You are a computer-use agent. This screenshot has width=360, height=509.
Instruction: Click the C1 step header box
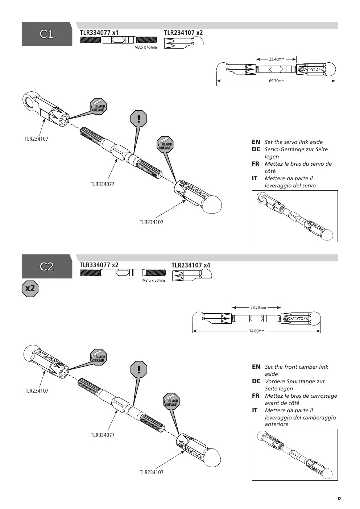pyautogui.click(x=47, y=34)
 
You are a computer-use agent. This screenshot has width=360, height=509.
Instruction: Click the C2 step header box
pyautogui.click(x=47, y=266)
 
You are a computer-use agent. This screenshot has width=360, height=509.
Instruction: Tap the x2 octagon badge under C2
pyautogui.click(x=30, y=289)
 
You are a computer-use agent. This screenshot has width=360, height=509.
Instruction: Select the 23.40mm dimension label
pyautogui.click(x=277, y=59)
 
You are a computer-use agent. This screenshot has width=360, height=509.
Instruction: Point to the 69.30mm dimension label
pyautogui.click(x=277, y=81)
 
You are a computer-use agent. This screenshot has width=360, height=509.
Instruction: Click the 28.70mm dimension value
pyautogui.click(x=258, y=307)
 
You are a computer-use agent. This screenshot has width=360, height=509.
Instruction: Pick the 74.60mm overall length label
pyautogui.click(x=257, y=331)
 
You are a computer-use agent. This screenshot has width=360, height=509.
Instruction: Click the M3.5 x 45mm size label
pyautogui.click(x=146, y=47)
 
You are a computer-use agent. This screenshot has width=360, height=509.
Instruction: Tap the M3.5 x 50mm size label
pyautogui.click(x=154, y=280)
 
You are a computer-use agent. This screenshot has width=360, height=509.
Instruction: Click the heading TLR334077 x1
pyautogui.click(x=99, y=33)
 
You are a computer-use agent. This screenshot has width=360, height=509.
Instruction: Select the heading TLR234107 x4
pyautogui.click(x=191, y=265)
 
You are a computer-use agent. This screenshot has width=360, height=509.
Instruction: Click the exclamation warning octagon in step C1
pyautogui.click(x=138, y=119)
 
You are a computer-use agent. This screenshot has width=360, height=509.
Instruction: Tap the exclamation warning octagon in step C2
pyautogui.click(x=139, y=369)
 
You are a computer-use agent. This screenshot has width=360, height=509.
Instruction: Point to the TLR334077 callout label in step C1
pyautogui.click(x=103, y=184)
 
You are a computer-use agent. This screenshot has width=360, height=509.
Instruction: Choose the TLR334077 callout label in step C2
pyautogui.click(x=103, y=435)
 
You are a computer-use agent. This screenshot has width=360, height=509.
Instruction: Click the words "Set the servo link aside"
pyautogui.click(x=294, y=142)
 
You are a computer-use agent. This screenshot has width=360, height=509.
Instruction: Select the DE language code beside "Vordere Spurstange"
pyautogui.click(x=256, y=381)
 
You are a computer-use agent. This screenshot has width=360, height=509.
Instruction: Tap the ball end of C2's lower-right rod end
pyautogui.click(x=212, y=458)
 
